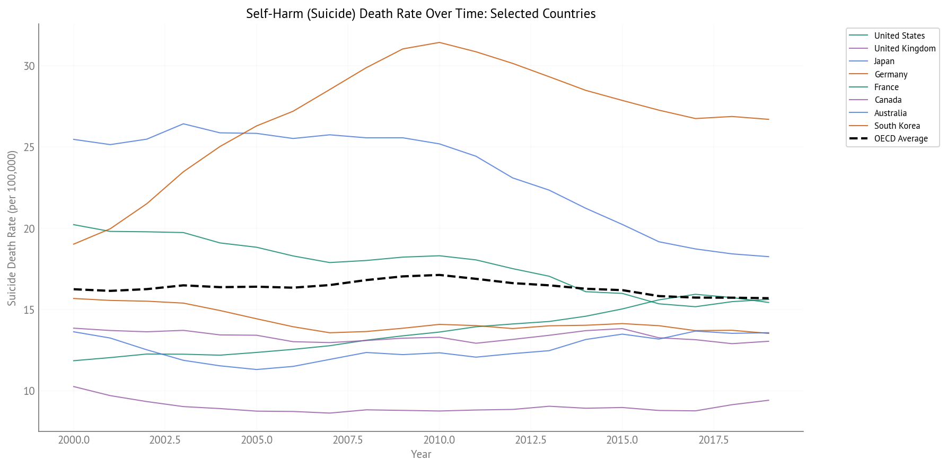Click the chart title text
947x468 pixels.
[420, 14]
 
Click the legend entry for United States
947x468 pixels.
[899, 36]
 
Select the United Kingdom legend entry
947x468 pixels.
[905, 48]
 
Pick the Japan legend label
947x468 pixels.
[884, 61]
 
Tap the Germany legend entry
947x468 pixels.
[890, 74]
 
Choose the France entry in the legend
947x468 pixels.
[886, 87]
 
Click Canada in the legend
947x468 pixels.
[888, 100]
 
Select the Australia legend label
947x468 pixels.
[890, 113]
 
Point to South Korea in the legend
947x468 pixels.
[897, 126]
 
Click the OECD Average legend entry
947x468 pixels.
[900, 138]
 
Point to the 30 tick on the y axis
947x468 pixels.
[29, 66]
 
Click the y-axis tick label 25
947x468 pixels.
[29, 147]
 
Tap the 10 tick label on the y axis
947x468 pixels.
[29, 391]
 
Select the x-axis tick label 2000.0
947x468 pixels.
[74, 440]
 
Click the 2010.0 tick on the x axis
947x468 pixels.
[439, 440]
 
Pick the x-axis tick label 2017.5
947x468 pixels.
[713, 440]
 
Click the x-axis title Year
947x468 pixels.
[421, 454]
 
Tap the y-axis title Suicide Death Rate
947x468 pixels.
[12, 228]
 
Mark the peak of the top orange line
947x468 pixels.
[439, 42]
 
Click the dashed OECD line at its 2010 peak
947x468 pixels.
[439, 275]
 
